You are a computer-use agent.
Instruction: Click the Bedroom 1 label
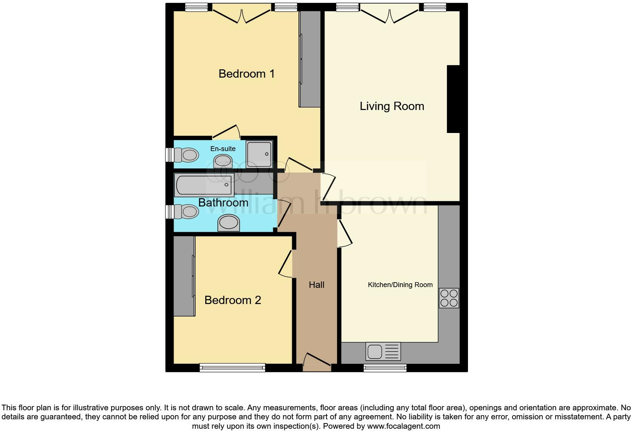tap(246, 74)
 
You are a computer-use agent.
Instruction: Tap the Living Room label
tap(392, 106)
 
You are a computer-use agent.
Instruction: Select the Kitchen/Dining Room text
tap(400, 285)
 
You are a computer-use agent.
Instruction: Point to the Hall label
tap(316, 285)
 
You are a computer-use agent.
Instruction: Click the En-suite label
tap(223, 149)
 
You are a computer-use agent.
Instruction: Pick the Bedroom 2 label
tap(232, 300)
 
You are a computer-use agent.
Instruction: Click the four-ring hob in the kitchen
tap(449, 298)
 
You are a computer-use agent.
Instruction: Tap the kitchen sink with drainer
tap(383, 352)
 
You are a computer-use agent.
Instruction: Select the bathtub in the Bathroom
tap(204, 185)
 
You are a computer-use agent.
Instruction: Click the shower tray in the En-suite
tap(259, 154)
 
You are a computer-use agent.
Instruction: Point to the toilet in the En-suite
tap(186, 155)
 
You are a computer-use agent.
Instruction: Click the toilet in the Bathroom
tap(186, 212)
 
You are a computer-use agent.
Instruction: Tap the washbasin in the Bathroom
tap(228, 223)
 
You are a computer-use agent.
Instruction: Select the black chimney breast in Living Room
tap(453, 99)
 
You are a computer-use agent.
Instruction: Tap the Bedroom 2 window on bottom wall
tap(232, 367)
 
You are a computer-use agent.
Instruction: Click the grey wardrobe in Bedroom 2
tap(184, 276)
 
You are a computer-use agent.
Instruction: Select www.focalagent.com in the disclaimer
tap(403, 426)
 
